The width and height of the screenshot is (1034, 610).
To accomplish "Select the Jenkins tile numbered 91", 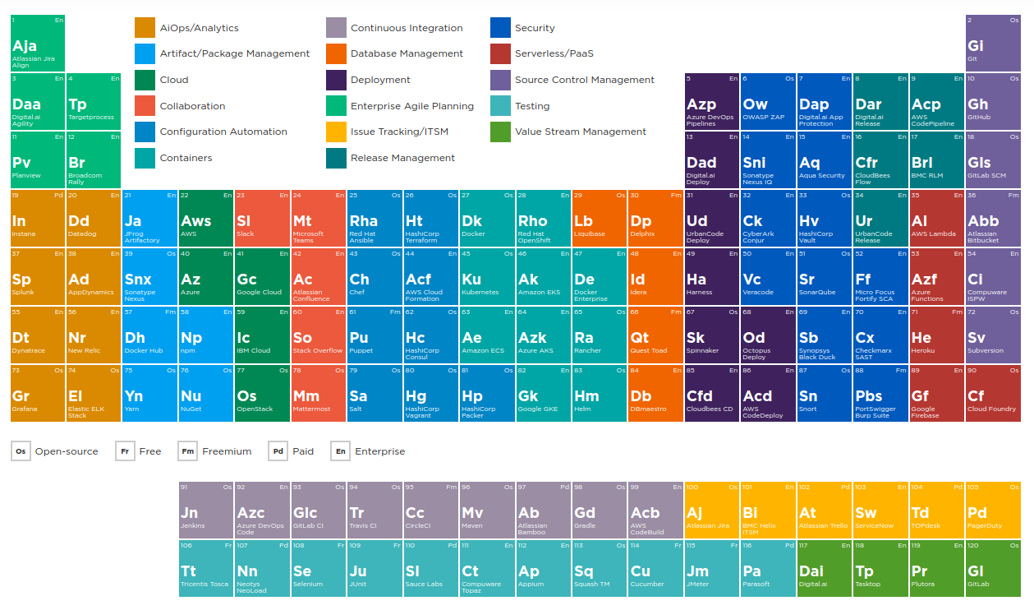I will point(206,510).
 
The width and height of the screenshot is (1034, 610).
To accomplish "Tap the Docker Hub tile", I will point(149,335).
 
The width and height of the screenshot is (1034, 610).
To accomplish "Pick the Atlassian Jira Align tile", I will point(38,43).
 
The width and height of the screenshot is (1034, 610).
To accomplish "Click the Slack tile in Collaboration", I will point(262,218).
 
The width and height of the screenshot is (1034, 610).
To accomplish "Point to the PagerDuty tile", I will point(993,510).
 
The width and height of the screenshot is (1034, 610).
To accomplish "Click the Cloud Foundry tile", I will point(993,393).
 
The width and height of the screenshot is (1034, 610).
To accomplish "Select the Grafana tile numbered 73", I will point(38,393).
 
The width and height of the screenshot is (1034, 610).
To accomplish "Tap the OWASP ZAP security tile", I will point(768,101).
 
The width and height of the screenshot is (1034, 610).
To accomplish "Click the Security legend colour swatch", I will point(501,28).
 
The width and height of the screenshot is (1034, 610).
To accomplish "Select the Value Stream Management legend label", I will point(580,132).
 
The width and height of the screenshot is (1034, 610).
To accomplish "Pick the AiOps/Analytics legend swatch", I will point(145,28).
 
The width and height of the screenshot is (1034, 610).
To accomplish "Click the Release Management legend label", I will point(402,158).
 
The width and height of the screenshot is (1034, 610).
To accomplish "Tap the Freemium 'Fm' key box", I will point(188,451).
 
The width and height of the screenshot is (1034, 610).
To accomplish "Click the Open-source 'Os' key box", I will point(21,451).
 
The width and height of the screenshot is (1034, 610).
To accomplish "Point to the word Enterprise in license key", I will point(379,451).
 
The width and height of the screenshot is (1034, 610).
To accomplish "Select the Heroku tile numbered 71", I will point(936,335).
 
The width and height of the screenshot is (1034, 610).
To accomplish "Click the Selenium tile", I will point(318,568).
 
